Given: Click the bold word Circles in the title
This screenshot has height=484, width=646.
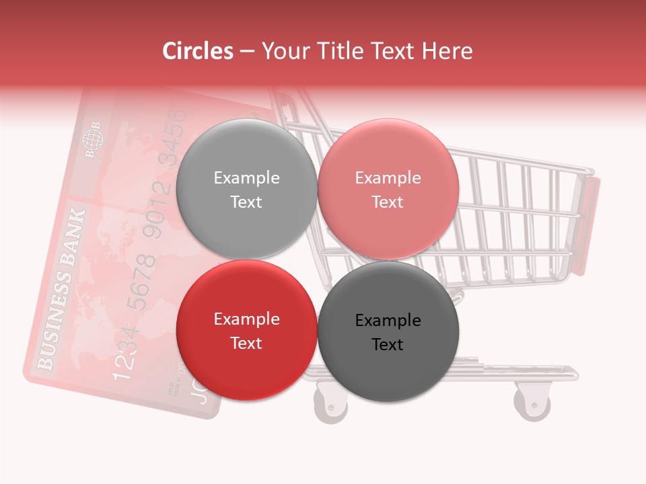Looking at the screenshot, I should click(x=197, y=51).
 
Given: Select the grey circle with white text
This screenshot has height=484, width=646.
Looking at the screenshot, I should click(x=246, y=189).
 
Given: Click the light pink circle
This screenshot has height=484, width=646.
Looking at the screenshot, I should click(x=388, y=189).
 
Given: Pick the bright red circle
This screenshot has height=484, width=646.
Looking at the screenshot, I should click(x=246, y=330).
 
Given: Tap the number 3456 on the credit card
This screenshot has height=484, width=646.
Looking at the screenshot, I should click(x=176, y=137).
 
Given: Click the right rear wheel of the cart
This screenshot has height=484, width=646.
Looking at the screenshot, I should click(x=532, y=401).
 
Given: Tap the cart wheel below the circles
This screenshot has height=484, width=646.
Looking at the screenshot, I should click(x=330, y=403).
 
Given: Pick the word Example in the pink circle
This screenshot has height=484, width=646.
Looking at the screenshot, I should click(x=388, y=177).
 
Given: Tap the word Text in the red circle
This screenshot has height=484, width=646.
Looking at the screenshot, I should click(x=246, y=343).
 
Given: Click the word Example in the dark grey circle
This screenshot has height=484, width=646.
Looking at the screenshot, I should click(x=388, y=320).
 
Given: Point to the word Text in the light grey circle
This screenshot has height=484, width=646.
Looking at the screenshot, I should click(x=246, y=202).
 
